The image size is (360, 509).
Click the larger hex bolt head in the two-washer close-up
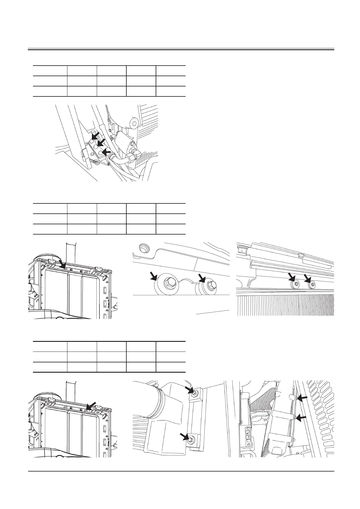[x=167, y=283]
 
